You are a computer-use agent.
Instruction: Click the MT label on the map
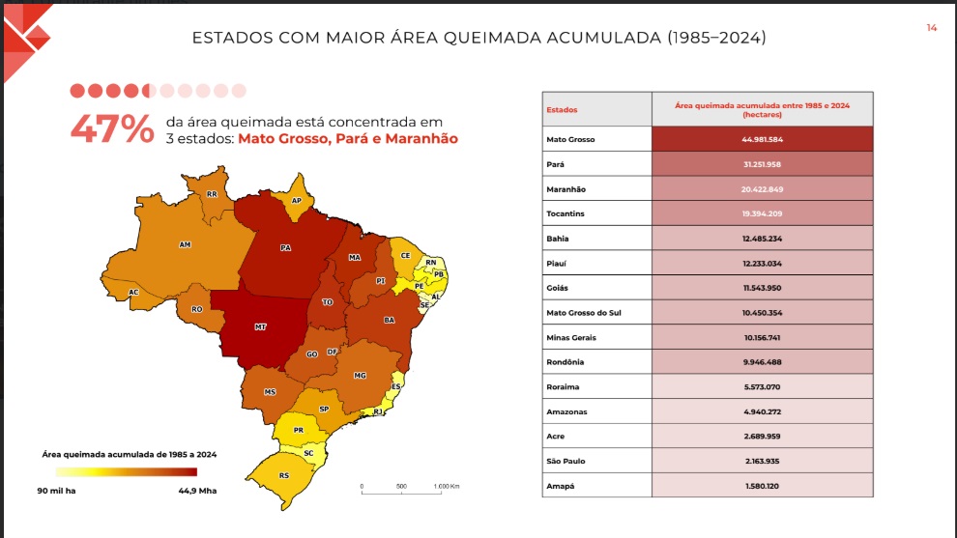[x=261, y=327]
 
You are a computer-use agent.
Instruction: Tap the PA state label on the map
[x=285, y=248]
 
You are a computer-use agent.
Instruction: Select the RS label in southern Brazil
[x=283, y=476]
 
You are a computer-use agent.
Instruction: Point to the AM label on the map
[x=185, y=244]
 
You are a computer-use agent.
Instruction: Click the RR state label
[x=211, y=194]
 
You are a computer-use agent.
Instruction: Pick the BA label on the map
[x=390, y=319]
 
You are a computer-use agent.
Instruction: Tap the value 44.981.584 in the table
[x=763, y=139]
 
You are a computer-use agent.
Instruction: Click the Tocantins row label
[x=566, y=213]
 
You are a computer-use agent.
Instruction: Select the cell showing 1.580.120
[x=763, y=486]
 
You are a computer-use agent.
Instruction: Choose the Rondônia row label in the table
[x=566, y=362]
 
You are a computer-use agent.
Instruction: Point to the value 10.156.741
[x=763, y=337]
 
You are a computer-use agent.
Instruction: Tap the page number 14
[x=931, y=28]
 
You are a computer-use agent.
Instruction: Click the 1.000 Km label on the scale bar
[x=445, y=486]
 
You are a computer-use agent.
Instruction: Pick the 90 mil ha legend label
[x=57, y=491]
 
